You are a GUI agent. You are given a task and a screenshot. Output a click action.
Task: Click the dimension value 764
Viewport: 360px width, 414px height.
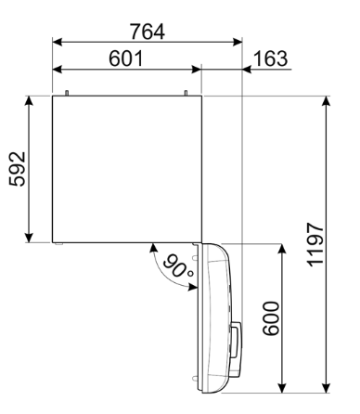point(147,32)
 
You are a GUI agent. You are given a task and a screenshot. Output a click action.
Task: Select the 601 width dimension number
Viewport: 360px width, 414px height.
point(125,58)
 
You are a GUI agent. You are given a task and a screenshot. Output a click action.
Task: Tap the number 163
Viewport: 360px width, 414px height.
point(269,58)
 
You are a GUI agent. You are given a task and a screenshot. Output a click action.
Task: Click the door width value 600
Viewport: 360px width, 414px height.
point(269,317)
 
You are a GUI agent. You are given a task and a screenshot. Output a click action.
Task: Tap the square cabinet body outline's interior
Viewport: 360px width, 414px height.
point(127,168)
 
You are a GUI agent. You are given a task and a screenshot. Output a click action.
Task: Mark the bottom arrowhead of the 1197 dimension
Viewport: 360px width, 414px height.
point(328,384)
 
